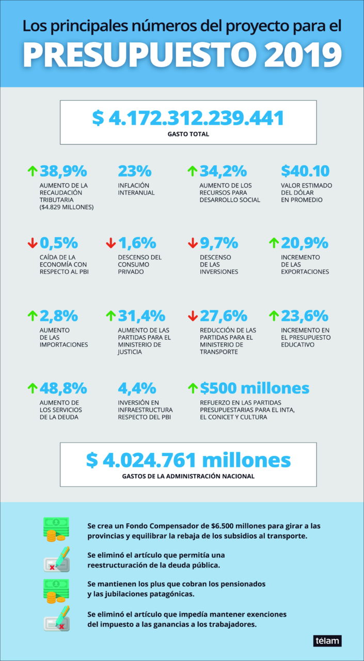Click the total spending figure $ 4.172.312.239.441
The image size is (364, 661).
click(188, 118)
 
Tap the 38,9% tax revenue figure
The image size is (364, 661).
click(64, 171)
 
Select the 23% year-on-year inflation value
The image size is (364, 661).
click(134, 171)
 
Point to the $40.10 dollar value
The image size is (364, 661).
click(305, 171)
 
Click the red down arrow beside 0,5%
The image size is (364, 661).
click(32, 242)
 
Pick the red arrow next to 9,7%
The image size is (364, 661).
click(192, 242)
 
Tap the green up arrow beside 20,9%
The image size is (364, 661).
click(274, 242)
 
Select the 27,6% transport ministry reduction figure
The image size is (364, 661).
click(224, 315)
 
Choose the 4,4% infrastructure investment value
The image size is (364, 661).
click(137, 387)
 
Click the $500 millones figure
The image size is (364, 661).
click(255, 387)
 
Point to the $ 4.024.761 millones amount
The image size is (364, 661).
click(188, 460)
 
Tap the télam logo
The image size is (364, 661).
click(327, 640)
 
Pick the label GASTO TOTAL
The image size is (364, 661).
click(188, 134)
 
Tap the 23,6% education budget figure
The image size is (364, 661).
click(305, 315)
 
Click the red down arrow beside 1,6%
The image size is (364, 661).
click(110, 242)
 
